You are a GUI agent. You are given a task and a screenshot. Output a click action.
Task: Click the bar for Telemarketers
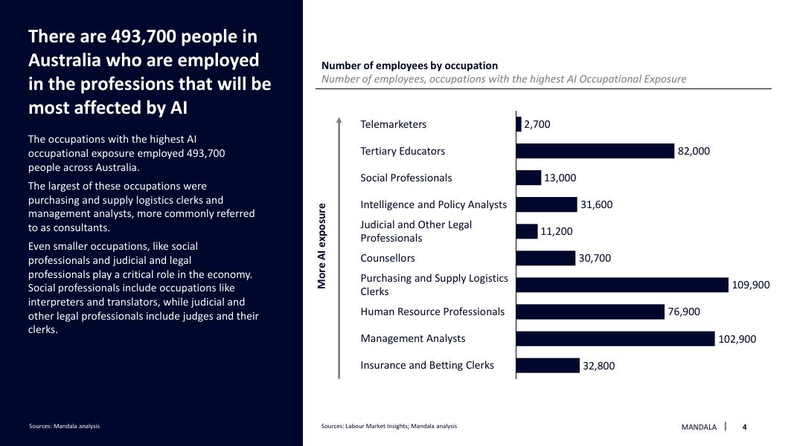click(x=519, y=124)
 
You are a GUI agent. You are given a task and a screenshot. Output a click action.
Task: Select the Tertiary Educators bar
click(x=595, y=151)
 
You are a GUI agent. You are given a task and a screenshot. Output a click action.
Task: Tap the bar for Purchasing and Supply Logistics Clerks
click(x=621, y=285)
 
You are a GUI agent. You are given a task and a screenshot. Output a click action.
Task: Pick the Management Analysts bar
click(x=615, y=339)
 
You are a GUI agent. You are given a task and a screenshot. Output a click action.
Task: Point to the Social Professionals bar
click(x=528, y=178)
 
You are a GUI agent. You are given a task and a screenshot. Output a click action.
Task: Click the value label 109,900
click(x=751, y=285)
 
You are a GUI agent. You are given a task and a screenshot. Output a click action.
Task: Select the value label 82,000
click(x=694, y=152)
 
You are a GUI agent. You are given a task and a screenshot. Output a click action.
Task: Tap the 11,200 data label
click(x=557, y=232)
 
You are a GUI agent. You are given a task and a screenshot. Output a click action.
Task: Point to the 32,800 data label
click(x=599, y=366)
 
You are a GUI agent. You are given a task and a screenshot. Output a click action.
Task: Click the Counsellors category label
click(x=388, y=258)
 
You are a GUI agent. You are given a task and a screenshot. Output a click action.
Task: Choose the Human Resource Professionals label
click(x=432, y=311)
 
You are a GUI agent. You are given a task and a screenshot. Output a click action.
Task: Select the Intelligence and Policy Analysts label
click(x=433, y=204)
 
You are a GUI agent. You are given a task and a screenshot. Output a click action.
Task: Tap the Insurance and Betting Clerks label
click(x=427, y=365)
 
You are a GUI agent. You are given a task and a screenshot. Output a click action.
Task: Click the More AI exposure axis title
click(x=322, y=246)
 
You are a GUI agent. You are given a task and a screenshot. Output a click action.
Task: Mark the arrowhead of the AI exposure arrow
click(x=339, y=119)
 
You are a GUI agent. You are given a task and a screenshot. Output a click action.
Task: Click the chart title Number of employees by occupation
click(x=409, y=65)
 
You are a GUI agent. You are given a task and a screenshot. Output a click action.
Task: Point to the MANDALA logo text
click(x=699, y=427)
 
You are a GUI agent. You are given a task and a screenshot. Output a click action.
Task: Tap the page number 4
click(x=744, y=427)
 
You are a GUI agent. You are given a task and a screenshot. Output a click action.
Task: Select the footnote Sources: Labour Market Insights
click(x=389, y=426)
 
